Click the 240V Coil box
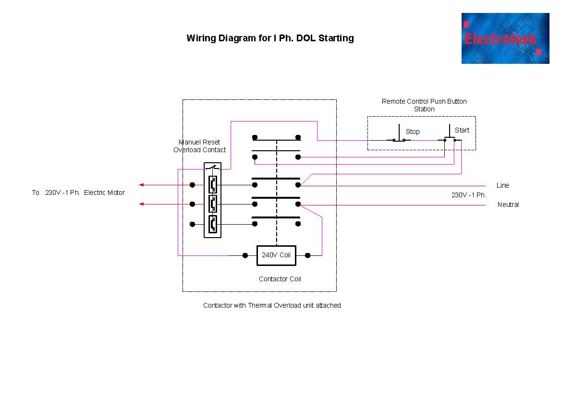[276, 255]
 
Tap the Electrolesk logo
[505, 38]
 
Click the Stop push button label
[413, 132]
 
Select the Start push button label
[462, 130]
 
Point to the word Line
[502, 185]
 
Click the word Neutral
[508, 205]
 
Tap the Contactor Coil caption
[280, 279]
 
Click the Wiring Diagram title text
[270, 38]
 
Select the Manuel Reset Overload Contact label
[199, 146]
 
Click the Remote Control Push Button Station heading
[424, 105]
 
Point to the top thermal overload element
[212, 184]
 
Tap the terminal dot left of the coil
[245, 255]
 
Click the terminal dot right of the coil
[307, 255]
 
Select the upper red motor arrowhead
[141, 185]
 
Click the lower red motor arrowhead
[141, 204]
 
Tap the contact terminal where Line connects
[298, 185]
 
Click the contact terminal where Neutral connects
[298, 204]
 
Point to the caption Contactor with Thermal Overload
[272, 305]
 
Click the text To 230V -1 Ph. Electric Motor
[78, 192]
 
